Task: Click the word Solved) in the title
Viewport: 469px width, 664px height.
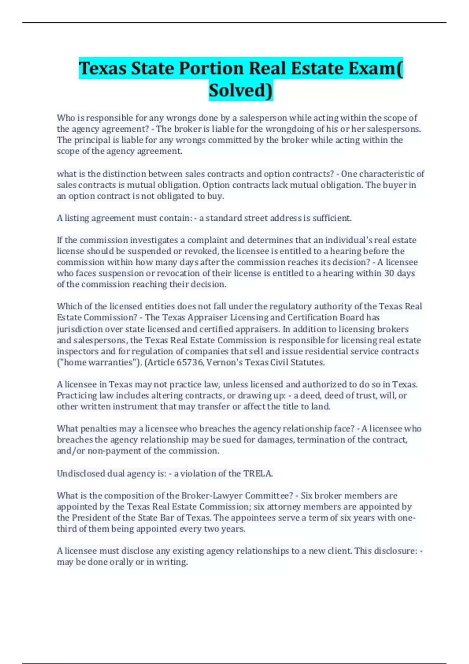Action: click(x=241, y=90)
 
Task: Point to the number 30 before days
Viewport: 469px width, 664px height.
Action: click(x=389, y=273)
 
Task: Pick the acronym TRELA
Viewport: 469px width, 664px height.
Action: click(x=258, y=473)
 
